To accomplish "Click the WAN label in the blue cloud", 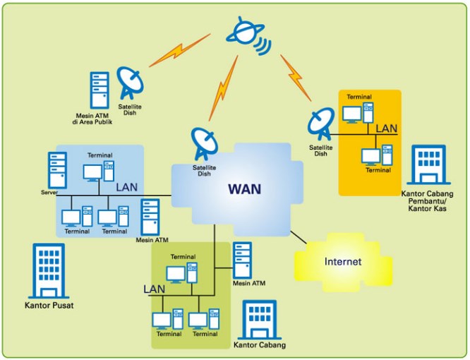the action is click(245, 189).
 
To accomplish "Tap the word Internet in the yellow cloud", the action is click(343, 261).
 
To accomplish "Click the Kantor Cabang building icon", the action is click(260, 320).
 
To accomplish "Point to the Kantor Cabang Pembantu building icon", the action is click(428, 164).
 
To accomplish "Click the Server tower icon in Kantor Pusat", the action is click(57, 170).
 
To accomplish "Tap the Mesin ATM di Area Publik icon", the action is click(100, 90).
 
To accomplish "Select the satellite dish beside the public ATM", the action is click(130, 83).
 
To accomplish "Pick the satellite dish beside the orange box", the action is click(321, 124).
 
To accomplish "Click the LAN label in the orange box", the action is click(386, 128).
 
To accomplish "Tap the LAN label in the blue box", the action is click(127, 187).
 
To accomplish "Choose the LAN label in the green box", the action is click(154, 289).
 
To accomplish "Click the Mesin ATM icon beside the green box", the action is click(243, 260).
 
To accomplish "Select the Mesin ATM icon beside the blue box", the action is click(150, 217).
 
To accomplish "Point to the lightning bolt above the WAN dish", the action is click(223, 88).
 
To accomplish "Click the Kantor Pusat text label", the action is click(49, 306).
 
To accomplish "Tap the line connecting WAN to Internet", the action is click(299, 237).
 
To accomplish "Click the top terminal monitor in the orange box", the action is click(352, 115).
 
